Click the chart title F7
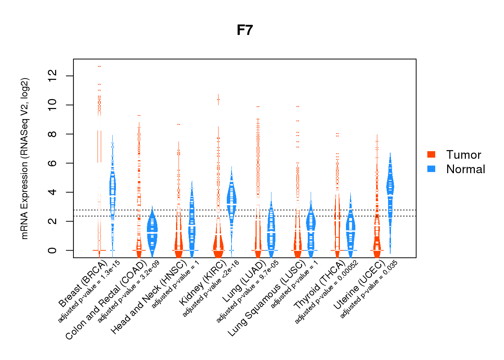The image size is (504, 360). pos(245,30)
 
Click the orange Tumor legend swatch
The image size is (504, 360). pos(431,154)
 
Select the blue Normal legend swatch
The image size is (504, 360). pos(431,169)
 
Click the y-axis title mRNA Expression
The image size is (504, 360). pos(24,158)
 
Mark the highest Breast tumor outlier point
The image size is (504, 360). pos(99,66)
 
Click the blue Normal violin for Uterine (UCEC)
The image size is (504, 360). pos(390,187)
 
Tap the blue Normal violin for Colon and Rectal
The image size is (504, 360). pos(152,230)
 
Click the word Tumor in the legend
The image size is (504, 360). pos(464,155)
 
